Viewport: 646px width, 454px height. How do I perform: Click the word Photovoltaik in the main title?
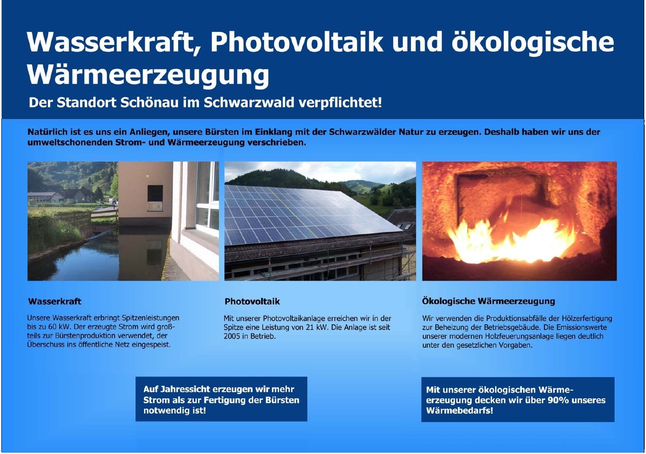tap(297, 42)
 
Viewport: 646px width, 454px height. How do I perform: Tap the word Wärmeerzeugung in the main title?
tap(148, 76)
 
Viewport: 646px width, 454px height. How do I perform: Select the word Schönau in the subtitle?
tap(149, 102)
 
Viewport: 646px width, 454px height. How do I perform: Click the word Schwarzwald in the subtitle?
tap(249, 102)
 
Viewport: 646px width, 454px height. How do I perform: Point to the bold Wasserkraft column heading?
tap(55, 301)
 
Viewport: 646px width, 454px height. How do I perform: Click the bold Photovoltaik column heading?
tap(252, 301)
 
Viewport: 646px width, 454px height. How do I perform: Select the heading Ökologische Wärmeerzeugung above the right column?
tap(489, 301)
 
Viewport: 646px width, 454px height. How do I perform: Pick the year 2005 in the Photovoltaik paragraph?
tap(232, 336)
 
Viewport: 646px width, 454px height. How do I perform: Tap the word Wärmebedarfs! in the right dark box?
tap(460, 410)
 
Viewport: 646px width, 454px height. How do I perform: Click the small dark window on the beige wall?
tap(155, 194)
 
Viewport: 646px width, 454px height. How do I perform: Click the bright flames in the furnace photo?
tap(511, 242)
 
